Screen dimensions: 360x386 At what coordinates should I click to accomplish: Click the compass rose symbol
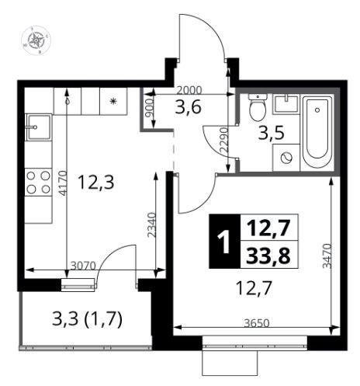click(36, 40)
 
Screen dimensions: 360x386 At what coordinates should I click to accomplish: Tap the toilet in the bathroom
click(258, 107)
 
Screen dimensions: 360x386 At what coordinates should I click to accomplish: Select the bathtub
click(317, 132)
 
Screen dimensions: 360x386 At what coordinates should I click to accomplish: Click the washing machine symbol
click(286, 158)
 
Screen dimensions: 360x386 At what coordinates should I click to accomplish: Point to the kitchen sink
click(39, 127)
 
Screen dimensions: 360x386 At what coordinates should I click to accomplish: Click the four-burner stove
click(39, 183)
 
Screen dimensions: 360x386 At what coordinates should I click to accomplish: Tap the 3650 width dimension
click(257, 323)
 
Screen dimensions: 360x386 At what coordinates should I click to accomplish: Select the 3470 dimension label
click(327, 256)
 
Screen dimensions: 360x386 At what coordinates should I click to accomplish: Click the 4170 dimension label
click(63, 183)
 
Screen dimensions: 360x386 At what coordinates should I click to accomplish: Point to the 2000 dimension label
click(190, 90)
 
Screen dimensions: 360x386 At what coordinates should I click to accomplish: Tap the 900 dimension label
click(149, 109)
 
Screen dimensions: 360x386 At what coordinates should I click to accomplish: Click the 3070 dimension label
click(83, 266)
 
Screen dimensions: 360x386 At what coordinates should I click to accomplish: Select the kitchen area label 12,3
click(95, 183)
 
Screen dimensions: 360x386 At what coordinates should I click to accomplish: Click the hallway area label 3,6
click(188, 107)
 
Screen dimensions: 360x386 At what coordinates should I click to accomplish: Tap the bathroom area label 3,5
click(272, 133)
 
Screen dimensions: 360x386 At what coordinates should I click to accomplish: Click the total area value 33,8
click(268, 255)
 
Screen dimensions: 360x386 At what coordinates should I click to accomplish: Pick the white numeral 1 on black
click(224, 242)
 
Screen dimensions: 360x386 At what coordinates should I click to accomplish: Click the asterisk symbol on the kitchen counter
click(112, 101)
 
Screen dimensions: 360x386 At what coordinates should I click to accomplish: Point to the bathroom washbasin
click(286, 103)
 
